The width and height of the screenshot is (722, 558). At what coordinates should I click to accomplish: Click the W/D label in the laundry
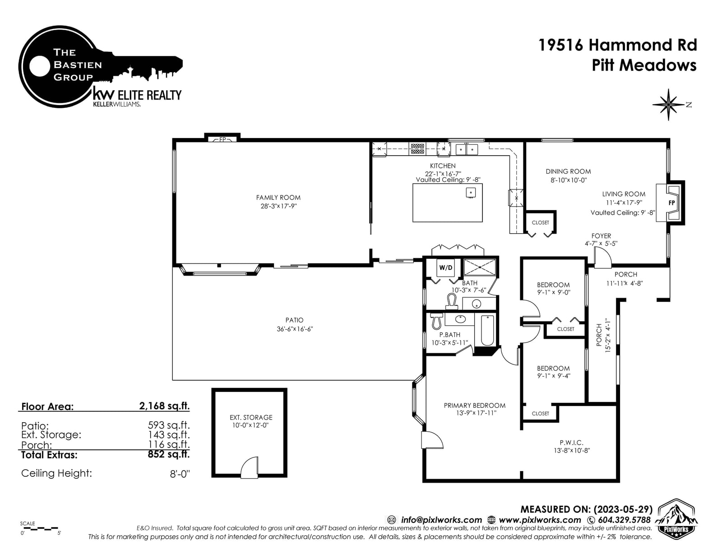point(445,267)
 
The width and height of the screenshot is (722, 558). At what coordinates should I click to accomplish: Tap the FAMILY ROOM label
point(278,198)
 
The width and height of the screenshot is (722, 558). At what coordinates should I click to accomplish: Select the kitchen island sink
point(471,193)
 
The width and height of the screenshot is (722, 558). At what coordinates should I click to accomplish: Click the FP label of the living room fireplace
point(671,203)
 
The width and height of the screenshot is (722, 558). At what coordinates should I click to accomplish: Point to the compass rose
point(668,105)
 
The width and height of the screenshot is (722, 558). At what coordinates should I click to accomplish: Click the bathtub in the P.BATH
point(487,331)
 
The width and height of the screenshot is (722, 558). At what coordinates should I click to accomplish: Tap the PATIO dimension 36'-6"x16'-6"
point(295,329)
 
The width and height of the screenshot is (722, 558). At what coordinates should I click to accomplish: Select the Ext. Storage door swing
point(249,468)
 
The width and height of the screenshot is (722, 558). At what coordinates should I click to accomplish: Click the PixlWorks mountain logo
point(676,519)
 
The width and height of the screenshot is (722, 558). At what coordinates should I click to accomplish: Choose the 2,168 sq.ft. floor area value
point(164,406)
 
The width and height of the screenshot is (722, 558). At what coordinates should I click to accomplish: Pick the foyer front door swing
point(602,258)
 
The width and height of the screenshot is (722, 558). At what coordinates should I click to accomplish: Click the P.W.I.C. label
point(571,443)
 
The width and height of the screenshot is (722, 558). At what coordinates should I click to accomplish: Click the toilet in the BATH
point(451,301)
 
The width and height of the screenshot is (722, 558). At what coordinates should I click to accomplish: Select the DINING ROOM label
point(568,172)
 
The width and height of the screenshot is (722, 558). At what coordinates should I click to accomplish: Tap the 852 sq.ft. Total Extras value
point(168,454)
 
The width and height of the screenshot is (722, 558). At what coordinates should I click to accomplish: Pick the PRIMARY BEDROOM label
point(474,406)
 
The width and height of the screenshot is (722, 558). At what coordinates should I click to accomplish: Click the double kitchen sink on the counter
point(467,149)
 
